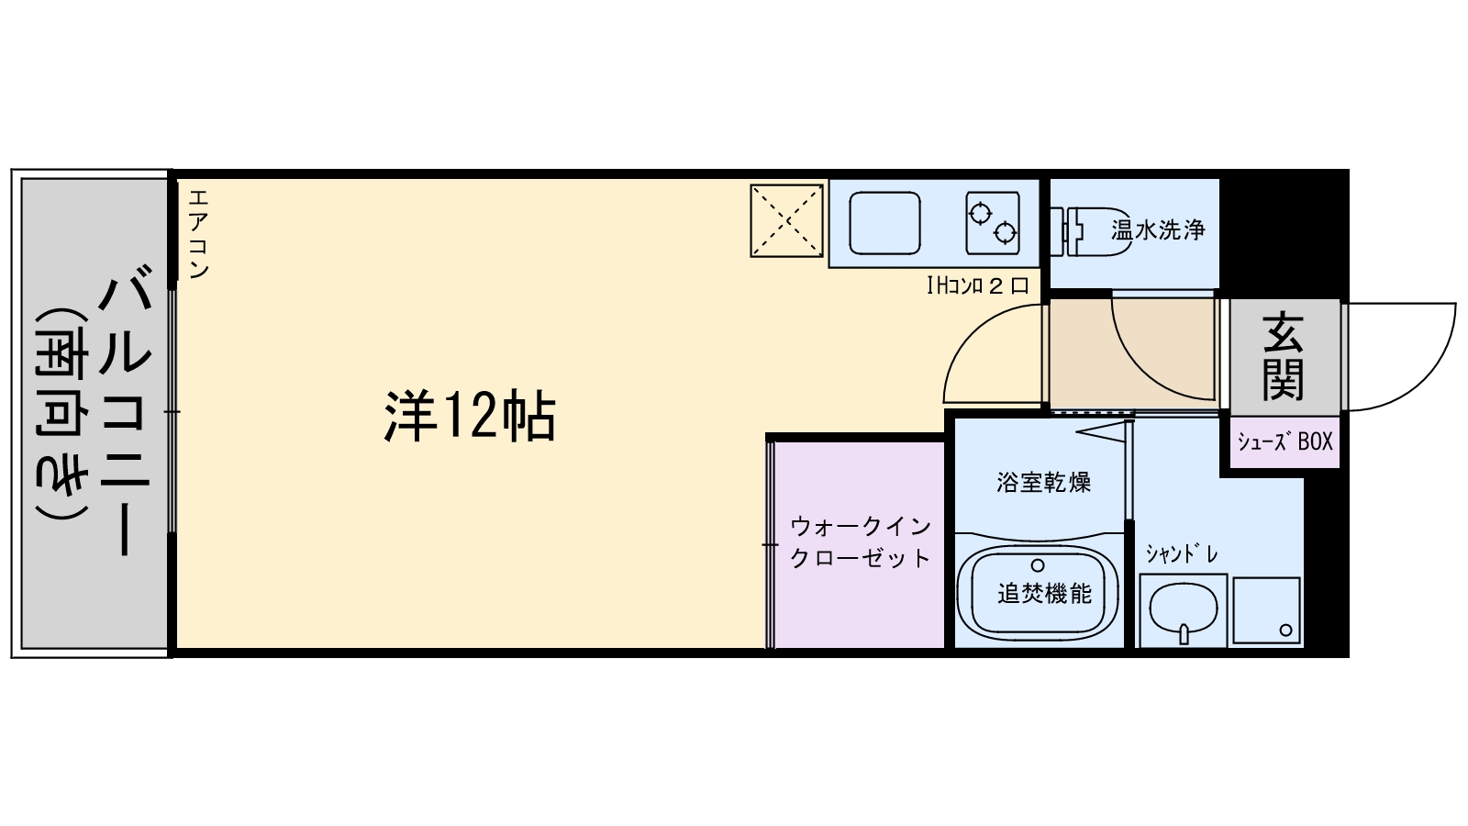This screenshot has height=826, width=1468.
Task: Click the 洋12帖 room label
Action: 469,417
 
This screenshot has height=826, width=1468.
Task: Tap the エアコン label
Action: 198,234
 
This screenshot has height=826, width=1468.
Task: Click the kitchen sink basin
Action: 884,223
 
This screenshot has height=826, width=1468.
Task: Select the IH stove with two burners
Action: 993,223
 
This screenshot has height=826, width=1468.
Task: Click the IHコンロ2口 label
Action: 977,285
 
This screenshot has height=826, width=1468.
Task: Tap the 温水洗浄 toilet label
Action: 1158,229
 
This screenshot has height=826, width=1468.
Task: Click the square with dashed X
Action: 787,221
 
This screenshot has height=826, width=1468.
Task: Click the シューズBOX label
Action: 1284,441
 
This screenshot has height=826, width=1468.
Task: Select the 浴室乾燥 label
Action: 1043,482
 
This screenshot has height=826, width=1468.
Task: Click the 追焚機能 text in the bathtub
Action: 1044,594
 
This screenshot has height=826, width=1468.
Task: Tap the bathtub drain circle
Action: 1038,565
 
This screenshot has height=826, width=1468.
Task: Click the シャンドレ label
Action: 1181,554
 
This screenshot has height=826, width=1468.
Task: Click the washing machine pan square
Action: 1266,609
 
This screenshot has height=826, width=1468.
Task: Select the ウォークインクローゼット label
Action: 860,541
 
